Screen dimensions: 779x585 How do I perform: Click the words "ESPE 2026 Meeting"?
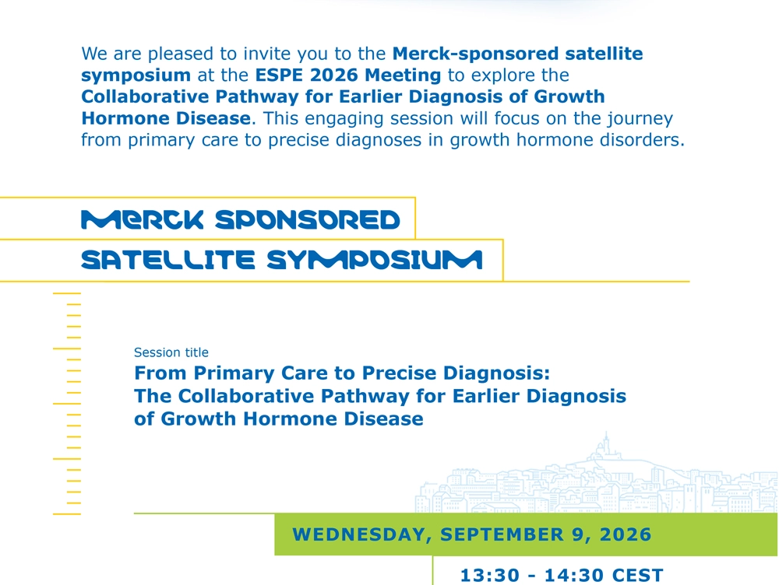pyautogui.click(x=347, y=75)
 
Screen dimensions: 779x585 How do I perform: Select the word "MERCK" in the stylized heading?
pyautogui.click(x=143, y=220)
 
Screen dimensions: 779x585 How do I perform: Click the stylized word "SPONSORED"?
pyautogui.click(x=308, y=220)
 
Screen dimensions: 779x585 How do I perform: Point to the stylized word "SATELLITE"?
pyautogui.click(x=168, y=260)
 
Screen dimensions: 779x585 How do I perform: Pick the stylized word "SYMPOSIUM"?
pyautogui.click(x=375, y=260)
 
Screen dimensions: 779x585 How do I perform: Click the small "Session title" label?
pyautogui.click(x=171, y=352)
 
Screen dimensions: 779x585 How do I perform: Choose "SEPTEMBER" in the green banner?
pyautogui.click(x=502, y=534)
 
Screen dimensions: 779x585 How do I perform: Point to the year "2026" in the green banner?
pyautogui.click(x=626, y=534)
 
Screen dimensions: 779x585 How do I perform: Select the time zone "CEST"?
pyautogui.click(x=638, y=576)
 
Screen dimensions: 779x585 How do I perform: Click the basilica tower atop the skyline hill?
pyautogui.click(x=605, y=443)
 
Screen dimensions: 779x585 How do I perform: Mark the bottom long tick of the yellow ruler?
pyautogui.click(x=66, y=514)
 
